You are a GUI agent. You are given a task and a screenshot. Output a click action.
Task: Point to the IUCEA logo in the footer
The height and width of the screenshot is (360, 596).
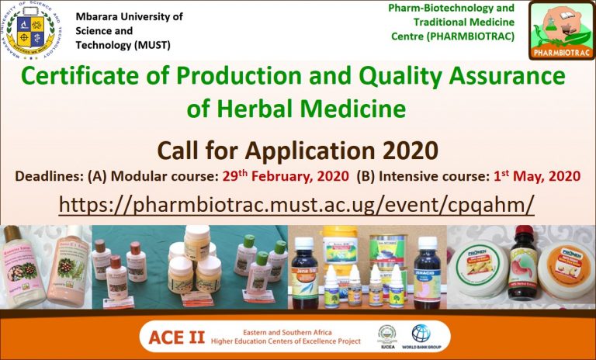point(387,335)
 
